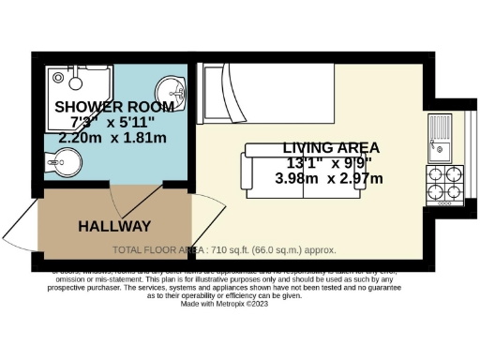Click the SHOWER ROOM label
98,106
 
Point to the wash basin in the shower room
172,90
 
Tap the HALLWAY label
114,226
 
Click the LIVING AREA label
331,148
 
